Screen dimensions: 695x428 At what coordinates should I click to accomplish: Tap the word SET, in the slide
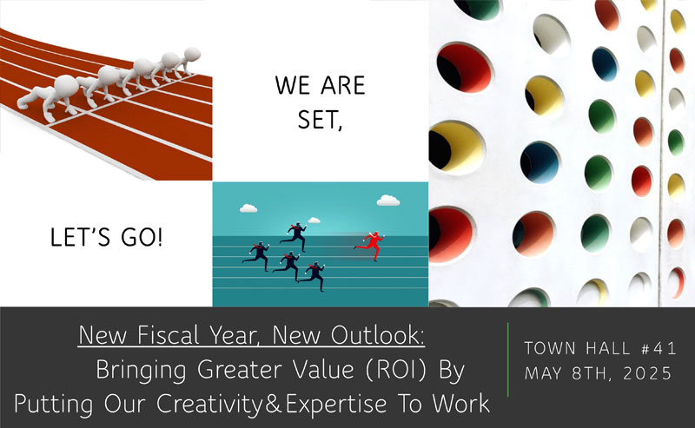(x=320, y=120)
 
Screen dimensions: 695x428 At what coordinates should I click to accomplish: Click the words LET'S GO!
(x=106, y=237)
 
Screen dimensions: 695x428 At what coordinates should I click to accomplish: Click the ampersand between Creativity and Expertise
(x=274, y=404)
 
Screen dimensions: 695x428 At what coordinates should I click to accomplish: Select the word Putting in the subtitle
(x=54, y=405)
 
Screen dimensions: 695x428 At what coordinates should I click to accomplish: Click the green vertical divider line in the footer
(x=508, y=359)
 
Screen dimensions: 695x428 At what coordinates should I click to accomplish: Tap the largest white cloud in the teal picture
(x=388, y=201)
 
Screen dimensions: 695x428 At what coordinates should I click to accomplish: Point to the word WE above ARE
(x=292, y=85)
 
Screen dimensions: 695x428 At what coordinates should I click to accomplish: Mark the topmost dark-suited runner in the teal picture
(x=295, y=236)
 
